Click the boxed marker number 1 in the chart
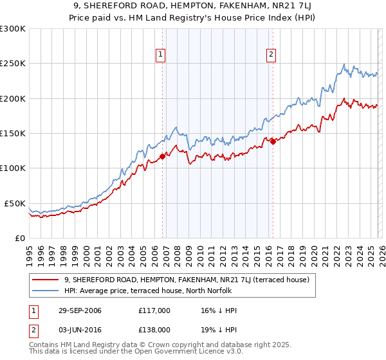pos(160,55)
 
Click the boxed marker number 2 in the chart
pos(271,55)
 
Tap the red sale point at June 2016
pos(273,141)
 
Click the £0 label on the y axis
pos(19,238)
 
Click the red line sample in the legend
pos(46,280)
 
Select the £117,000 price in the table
pos(154,310)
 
